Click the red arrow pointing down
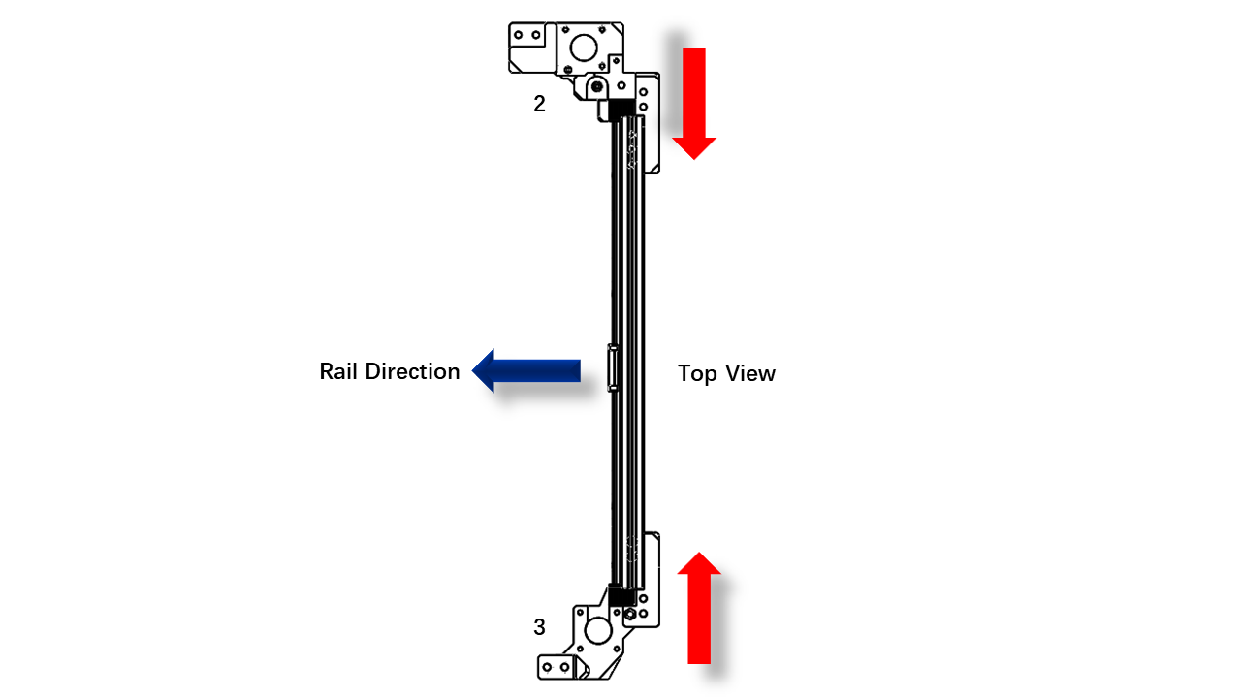693,103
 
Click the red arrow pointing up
699,608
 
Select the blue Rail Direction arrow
526,370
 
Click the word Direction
412,371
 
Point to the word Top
697,374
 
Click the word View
750,373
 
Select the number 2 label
539,104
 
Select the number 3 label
539,627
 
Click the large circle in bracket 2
584,48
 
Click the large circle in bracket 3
598,630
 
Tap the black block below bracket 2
621,110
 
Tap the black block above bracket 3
621,596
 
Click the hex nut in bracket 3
629,615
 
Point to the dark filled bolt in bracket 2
596,87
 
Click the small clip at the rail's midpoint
613,367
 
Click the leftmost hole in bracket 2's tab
518,35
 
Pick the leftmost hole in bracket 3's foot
547,667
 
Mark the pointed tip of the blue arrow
472,370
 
